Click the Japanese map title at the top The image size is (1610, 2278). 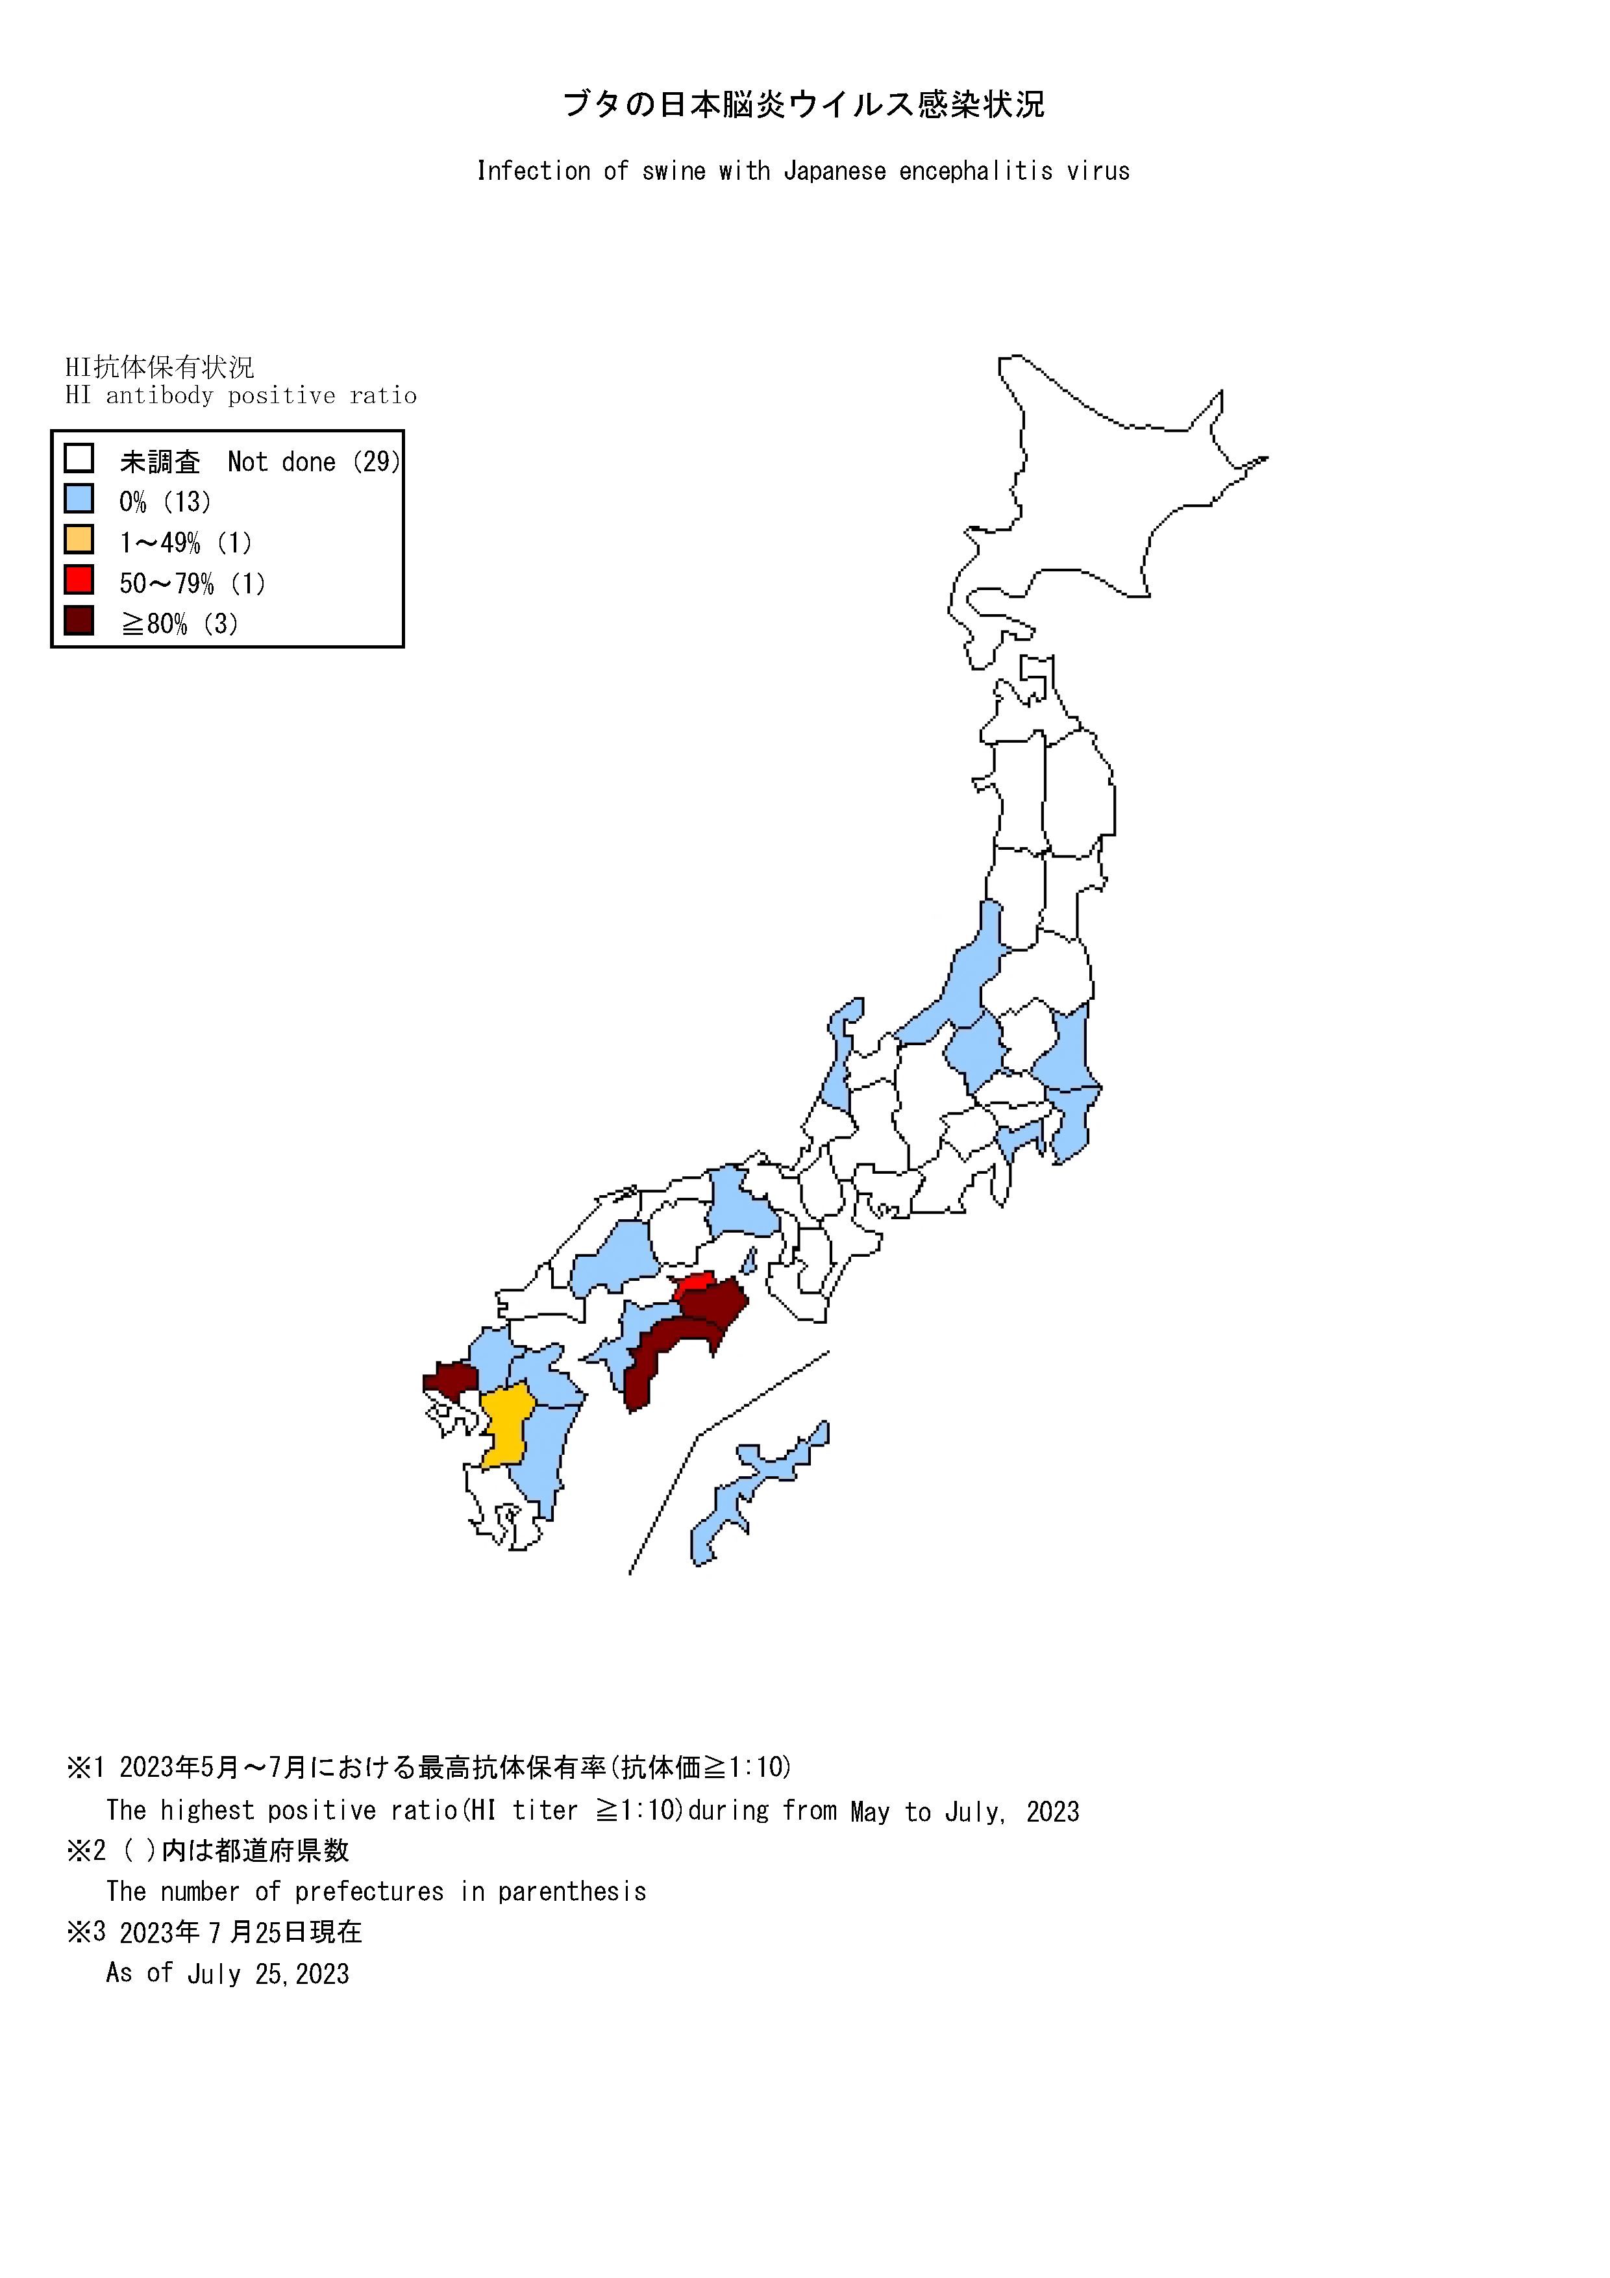pos(804,104)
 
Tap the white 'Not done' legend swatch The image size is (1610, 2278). pos(79,458)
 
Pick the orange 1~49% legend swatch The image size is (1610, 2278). pos(79,539)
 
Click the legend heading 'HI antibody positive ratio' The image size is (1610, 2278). pos(241,396)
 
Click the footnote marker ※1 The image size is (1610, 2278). pos(85,1767)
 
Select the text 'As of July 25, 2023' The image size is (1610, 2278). pos(228,1974)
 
